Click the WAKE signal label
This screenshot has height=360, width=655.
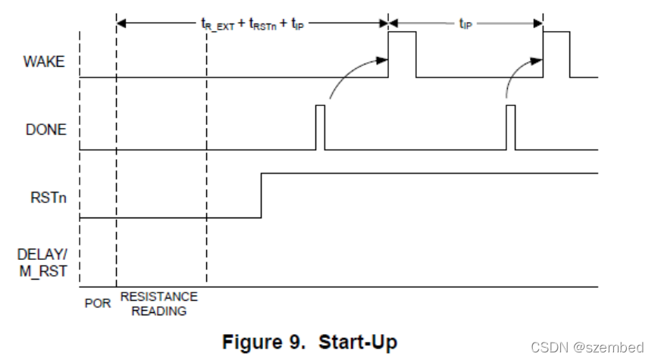coord(45,62)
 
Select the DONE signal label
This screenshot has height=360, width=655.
coord(45,130)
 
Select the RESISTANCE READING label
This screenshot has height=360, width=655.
coord(158,303)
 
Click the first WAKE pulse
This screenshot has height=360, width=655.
coord(402,54)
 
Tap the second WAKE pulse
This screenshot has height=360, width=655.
coord(556,54)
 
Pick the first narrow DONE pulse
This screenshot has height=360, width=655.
coord(320,127)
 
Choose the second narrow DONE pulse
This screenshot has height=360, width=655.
coord(510,127)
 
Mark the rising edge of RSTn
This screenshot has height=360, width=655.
coord(262,196)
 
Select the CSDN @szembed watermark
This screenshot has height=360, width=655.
coord(587,347)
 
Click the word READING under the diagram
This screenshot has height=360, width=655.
coord(158,310)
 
